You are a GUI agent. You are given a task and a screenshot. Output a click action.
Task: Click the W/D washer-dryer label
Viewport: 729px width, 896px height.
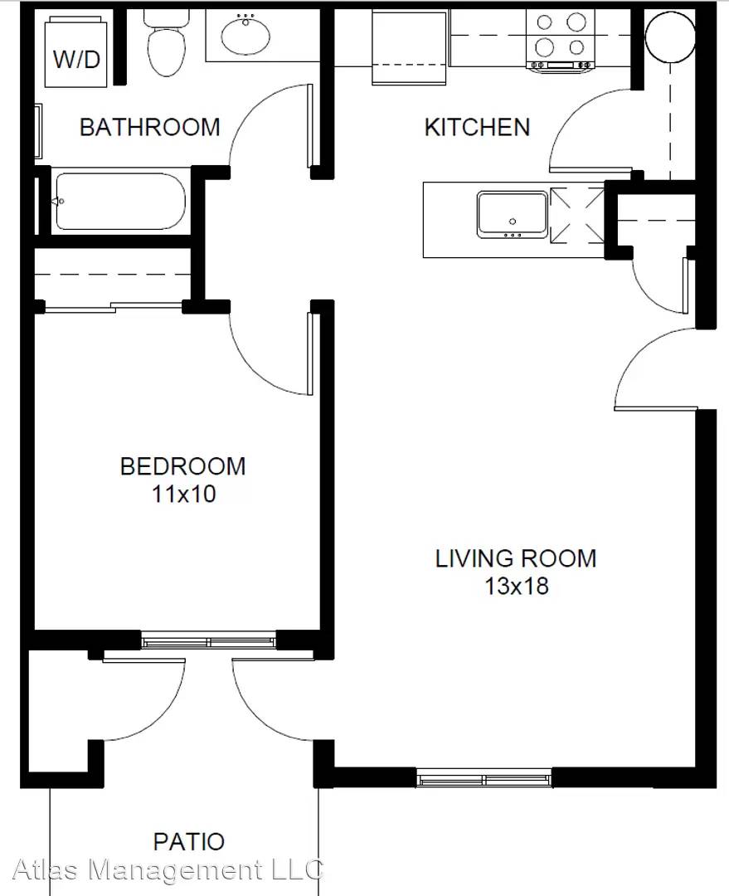[76, 59]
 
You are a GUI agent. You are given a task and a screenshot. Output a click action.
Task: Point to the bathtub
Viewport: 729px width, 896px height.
[120, 201]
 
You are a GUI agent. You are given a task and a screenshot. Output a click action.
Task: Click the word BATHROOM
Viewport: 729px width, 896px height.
[149, 127]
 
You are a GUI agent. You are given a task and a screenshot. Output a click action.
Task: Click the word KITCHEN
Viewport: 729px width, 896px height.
[477, 127]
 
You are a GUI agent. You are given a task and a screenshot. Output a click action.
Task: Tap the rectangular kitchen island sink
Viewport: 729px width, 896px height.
[513, 215]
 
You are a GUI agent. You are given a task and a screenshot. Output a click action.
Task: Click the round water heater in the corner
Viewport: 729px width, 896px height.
[669, 36]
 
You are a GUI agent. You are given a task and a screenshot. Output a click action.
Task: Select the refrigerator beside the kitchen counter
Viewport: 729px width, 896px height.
[409, 46]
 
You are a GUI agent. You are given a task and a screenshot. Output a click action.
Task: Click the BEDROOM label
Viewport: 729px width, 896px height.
[182, 466]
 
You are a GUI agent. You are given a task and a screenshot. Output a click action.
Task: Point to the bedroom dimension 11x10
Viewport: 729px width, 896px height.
[183, 494]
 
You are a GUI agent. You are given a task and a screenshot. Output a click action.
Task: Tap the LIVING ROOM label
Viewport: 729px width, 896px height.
[516, 558]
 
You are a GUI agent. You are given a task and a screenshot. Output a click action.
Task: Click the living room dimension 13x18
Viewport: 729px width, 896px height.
[517, 586]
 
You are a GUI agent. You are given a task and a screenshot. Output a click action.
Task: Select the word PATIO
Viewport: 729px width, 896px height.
[189, 841]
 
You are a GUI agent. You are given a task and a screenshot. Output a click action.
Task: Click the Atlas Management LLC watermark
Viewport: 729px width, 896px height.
[168, 869]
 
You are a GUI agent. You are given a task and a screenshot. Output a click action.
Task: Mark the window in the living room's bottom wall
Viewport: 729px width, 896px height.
[484, 778]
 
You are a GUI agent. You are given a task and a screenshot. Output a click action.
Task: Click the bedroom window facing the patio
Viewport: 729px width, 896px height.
[208, 640]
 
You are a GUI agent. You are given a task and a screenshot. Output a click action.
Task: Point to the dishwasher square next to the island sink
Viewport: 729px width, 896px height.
[577, 215]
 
